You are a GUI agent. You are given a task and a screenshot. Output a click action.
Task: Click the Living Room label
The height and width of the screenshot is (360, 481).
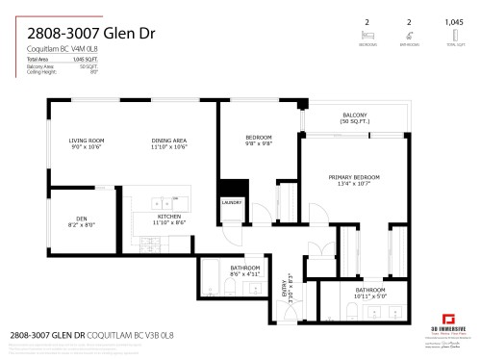tap(86, 141)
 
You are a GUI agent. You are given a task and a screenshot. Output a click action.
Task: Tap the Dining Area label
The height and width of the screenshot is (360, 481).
tap(167, 141)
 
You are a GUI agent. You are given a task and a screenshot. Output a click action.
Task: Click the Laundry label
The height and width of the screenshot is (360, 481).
tap(231, 203)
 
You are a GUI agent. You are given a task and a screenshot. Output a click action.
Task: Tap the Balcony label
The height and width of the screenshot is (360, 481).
tap(354, 115)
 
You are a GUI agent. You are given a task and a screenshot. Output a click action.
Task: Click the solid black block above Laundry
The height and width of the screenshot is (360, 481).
tap(230, 188)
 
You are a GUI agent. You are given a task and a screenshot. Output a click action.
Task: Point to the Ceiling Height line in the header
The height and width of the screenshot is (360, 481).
tap(43, 71)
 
